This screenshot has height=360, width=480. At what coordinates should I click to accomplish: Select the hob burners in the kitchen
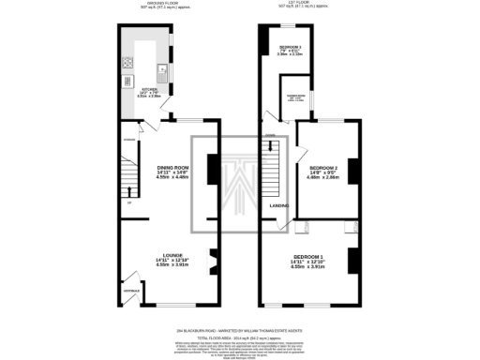(126, 65)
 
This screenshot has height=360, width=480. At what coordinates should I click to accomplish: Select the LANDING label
(278, 205)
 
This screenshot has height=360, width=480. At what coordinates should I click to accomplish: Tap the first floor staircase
(273, 174)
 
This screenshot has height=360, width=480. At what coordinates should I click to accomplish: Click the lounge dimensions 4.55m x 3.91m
(170, 265)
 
